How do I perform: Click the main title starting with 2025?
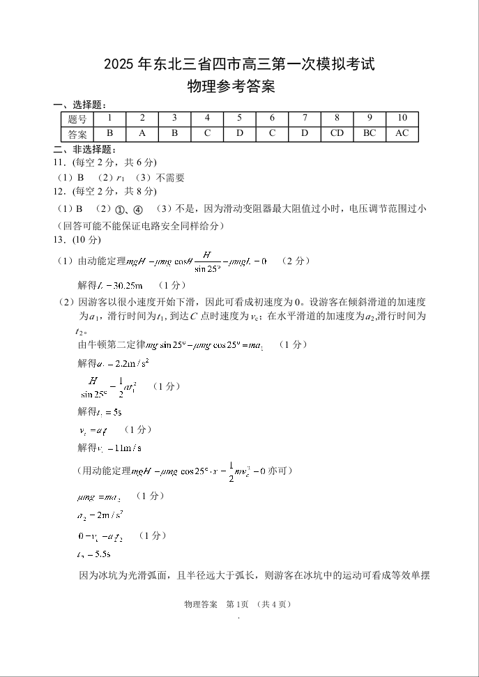point(239,65)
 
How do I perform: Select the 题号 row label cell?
point(77,119)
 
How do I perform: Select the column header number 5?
point(239,119)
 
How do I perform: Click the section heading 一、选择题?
point(79,105)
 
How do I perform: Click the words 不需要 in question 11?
point(170,178)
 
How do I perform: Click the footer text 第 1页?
point(237,604)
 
